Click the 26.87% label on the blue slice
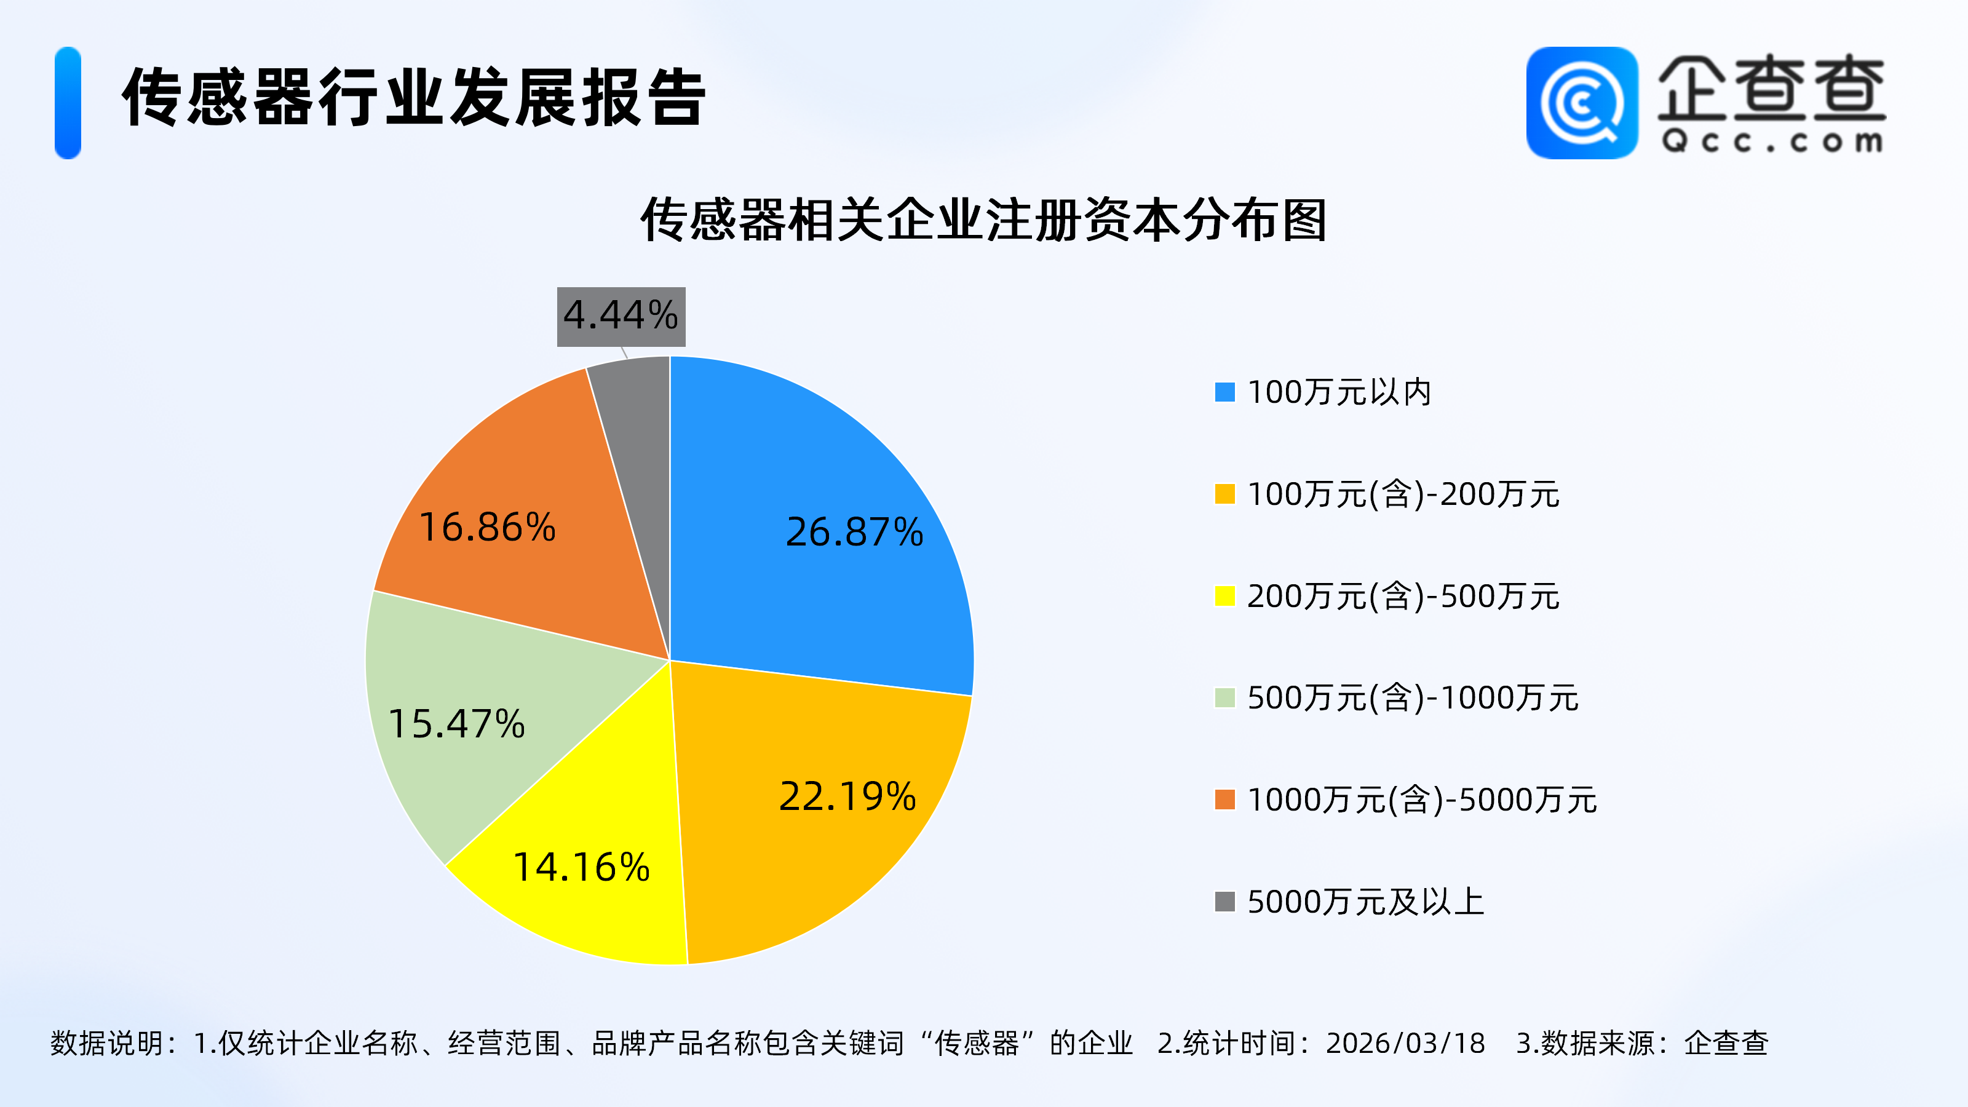click(x=854, y=532)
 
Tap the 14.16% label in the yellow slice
click(x=581, y=867)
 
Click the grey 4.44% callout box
click(x=621, y=316)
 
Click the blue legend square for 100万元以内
click(x=1224, y=392)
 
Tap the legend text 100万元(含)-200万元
click(x=1403, y=494)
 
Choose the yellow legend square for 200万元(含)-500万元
click(x=1224, y=596)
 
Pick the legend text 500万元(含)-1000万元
click(x=1413, y=697)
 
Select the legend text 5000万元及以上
click(x=1365, y=902)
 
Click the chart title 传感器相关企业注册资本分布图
click(x=983, y=220)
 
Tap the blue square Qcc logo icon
click(x=1581, y=103)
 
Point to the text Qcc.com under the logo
click(x=1772, y=142)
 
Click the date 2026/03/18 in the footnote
click(x=1405, y=1043)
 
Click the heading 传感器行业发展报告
click(x=413, y=97)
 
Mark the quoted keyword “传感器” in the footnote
click(x=977, y=1043)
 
